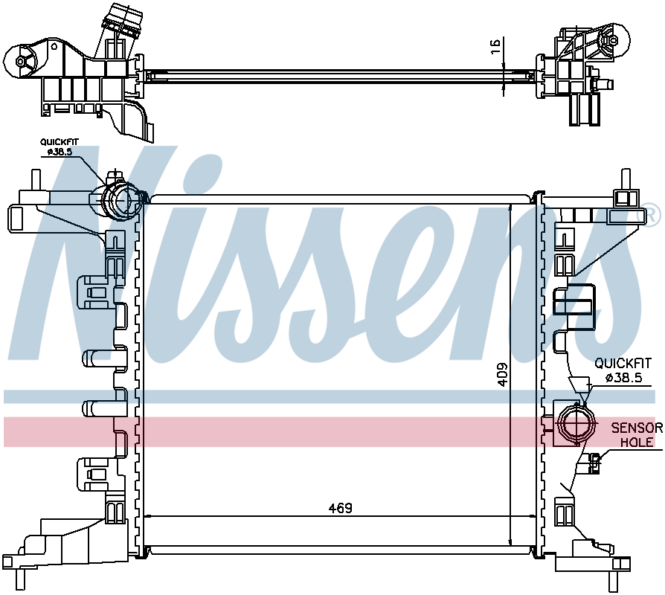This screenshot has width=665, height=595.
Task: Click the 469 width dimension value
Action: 341,508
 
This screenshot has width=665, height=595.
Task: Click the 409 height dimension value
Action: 503,374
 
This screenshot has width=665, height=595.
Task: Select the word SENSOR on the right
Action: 637,428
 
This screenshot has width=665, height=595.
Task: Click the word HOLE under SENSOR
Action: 637,442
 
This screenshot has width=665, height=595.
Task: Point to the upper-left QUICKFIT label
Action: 60,142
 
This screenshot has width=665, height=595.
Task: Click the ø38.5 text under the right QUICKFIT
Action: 623,377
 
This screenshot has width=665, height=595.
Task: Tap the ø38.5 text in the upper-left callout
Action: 60,152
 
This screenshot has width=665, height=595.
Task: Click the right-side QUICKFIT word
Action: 623,363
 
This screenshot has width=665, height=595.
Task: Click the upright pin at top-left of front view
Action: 36,180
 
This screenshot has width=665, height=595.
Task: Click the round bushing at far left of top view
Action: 20,61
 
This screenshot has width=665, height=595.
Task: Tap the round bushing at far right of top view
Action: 613,41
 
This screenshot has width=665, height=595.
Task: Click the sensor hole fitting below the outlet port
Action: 594,463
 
